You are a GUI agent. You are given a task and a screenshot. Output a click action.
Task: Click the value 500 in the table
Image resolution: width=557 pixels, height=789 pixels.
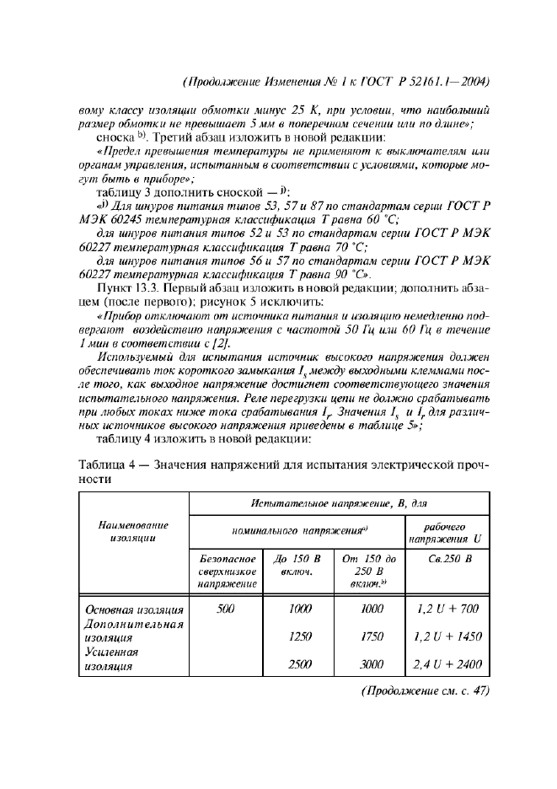(225, 609)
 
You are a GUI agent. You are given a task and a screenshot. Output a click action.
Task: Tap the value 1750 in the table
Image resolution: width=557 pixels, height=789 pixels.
(372, 637)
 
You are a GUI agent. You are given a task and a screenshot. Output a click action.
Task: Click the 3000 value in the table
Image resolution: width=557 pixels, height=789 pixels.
(372, 664)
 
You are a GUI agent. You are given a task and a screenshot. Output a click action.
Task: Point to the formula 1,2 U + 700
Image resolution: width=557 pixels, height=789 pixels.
(447, 609)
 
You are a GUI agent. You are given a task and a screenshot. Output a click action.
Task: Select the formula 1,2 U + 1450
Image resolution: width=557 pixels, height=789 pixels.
(447, 637)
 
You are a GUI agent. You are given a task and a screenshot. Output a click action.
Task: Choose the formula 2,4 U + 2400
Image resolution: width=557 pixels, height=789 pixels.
(447, 664)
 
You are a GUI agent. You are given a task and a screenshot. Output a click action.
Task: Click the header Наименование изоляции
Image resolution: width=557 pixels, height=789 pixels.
(133, 531)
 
